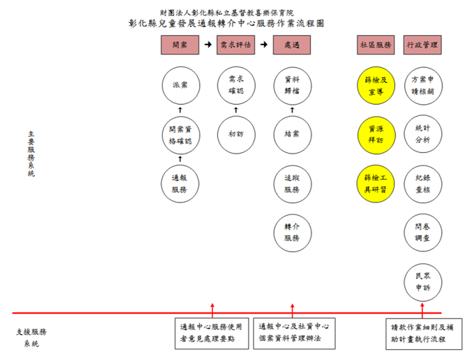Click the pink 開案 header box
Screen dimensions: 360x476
tap(180, 45)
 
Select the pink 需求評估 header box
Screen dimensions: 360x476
tap(236, 45)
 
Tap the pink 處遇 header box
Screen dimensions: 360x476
tap(292, 45)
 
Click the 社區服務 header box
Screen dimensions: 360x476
tap(376, 45)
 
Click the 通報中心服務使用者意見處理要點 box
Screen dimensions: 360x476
tap(211, 333)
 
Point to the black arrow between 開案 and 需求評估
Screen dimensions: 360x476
tap(208, 45)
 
